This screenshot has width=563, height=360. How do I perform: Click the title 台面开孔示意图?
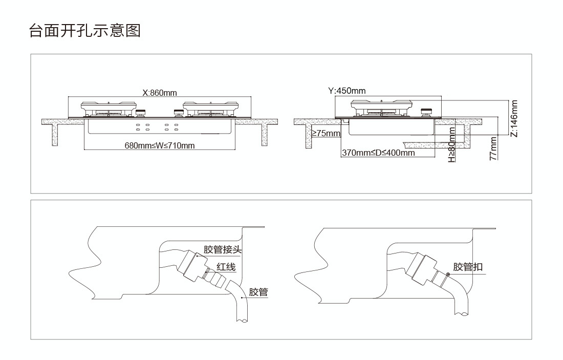[84, 30]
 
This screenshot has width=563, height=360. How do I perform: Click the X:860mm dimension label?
[159, 93]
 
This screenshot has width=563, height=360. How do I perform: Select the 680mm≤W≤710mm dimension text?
[160, 145]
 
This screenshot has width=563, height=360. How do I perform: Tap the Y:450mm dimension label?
[347, 91]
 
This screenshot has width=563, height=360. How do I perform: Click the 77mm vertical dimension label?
[493, 149]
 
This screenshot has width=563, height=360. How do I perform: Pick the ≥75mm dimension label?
[326, 134]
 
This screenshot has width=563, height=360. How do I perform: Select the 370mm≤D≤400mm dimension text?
[378, 153]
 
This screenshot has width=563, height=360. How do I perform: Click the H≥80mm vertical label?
[452, 145]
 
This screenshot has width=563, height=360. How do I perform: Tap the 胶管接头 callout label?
[222, 249]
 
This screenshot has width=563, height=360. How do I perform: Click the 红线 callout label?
[226, 267]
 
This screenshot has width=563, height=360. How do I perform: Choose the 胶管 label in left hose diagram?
[258, 292]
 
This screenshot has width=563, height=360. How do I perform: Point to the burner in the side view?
[382, 108]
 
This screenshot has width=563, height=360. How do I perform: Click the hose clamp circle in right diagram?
[447, 275]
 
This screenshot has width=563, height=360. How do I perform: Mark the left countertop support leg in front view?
[54, 135]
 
